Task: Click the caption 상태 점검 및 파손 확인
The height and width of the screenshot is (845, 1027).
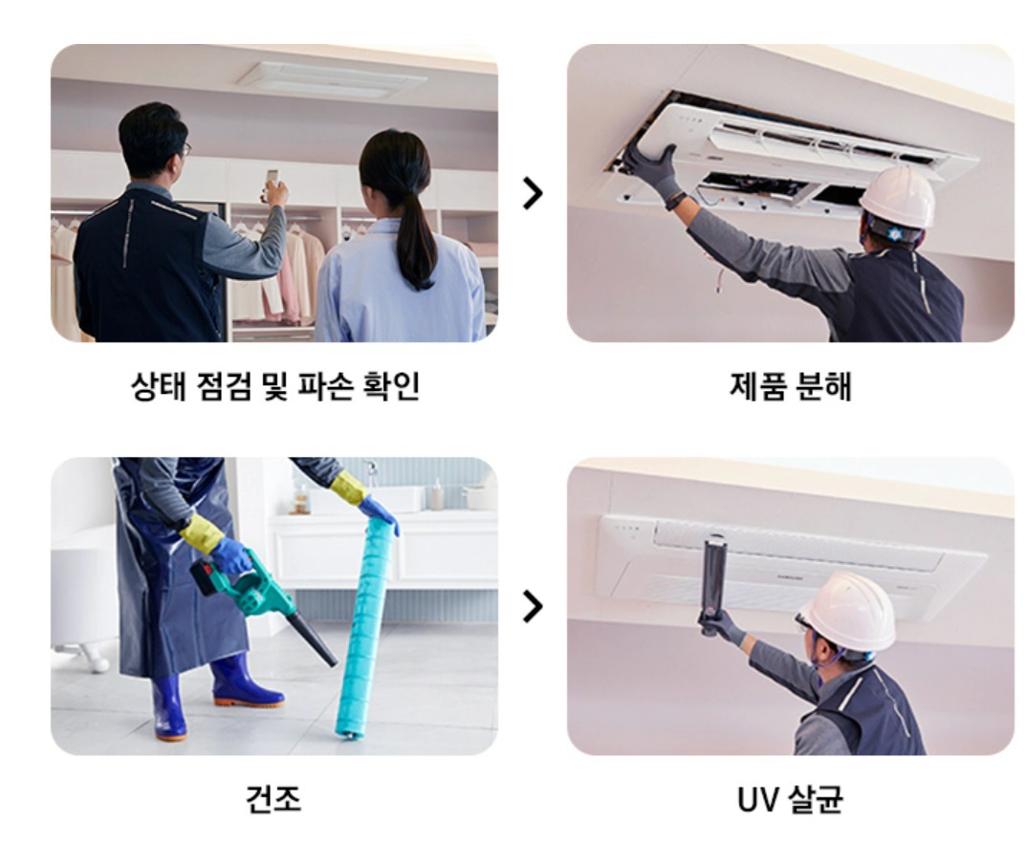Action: tap(274, 387)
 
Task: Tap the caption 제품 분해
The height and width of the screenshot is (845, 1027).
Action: tap(789, 387)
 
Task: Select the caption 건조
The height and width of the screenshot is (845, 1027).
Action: tap(273, 799)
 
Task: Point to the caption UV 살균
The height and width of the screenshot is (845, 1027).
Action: tap(789, 799)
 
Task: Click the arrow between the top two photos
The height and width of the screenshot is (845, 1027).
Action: tap(533, 193)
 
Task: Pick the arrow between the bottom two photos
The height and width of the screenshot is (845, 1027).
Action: tap(533, 606)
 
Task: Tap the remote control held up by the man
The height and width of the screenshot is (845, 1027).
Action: tap(273, 179)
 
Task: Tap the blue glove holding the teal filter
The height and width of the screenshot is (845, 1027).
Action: tap(380, 514)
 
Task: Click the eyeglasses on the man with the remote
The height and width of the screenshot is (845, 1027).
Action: tap(186, 149)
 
